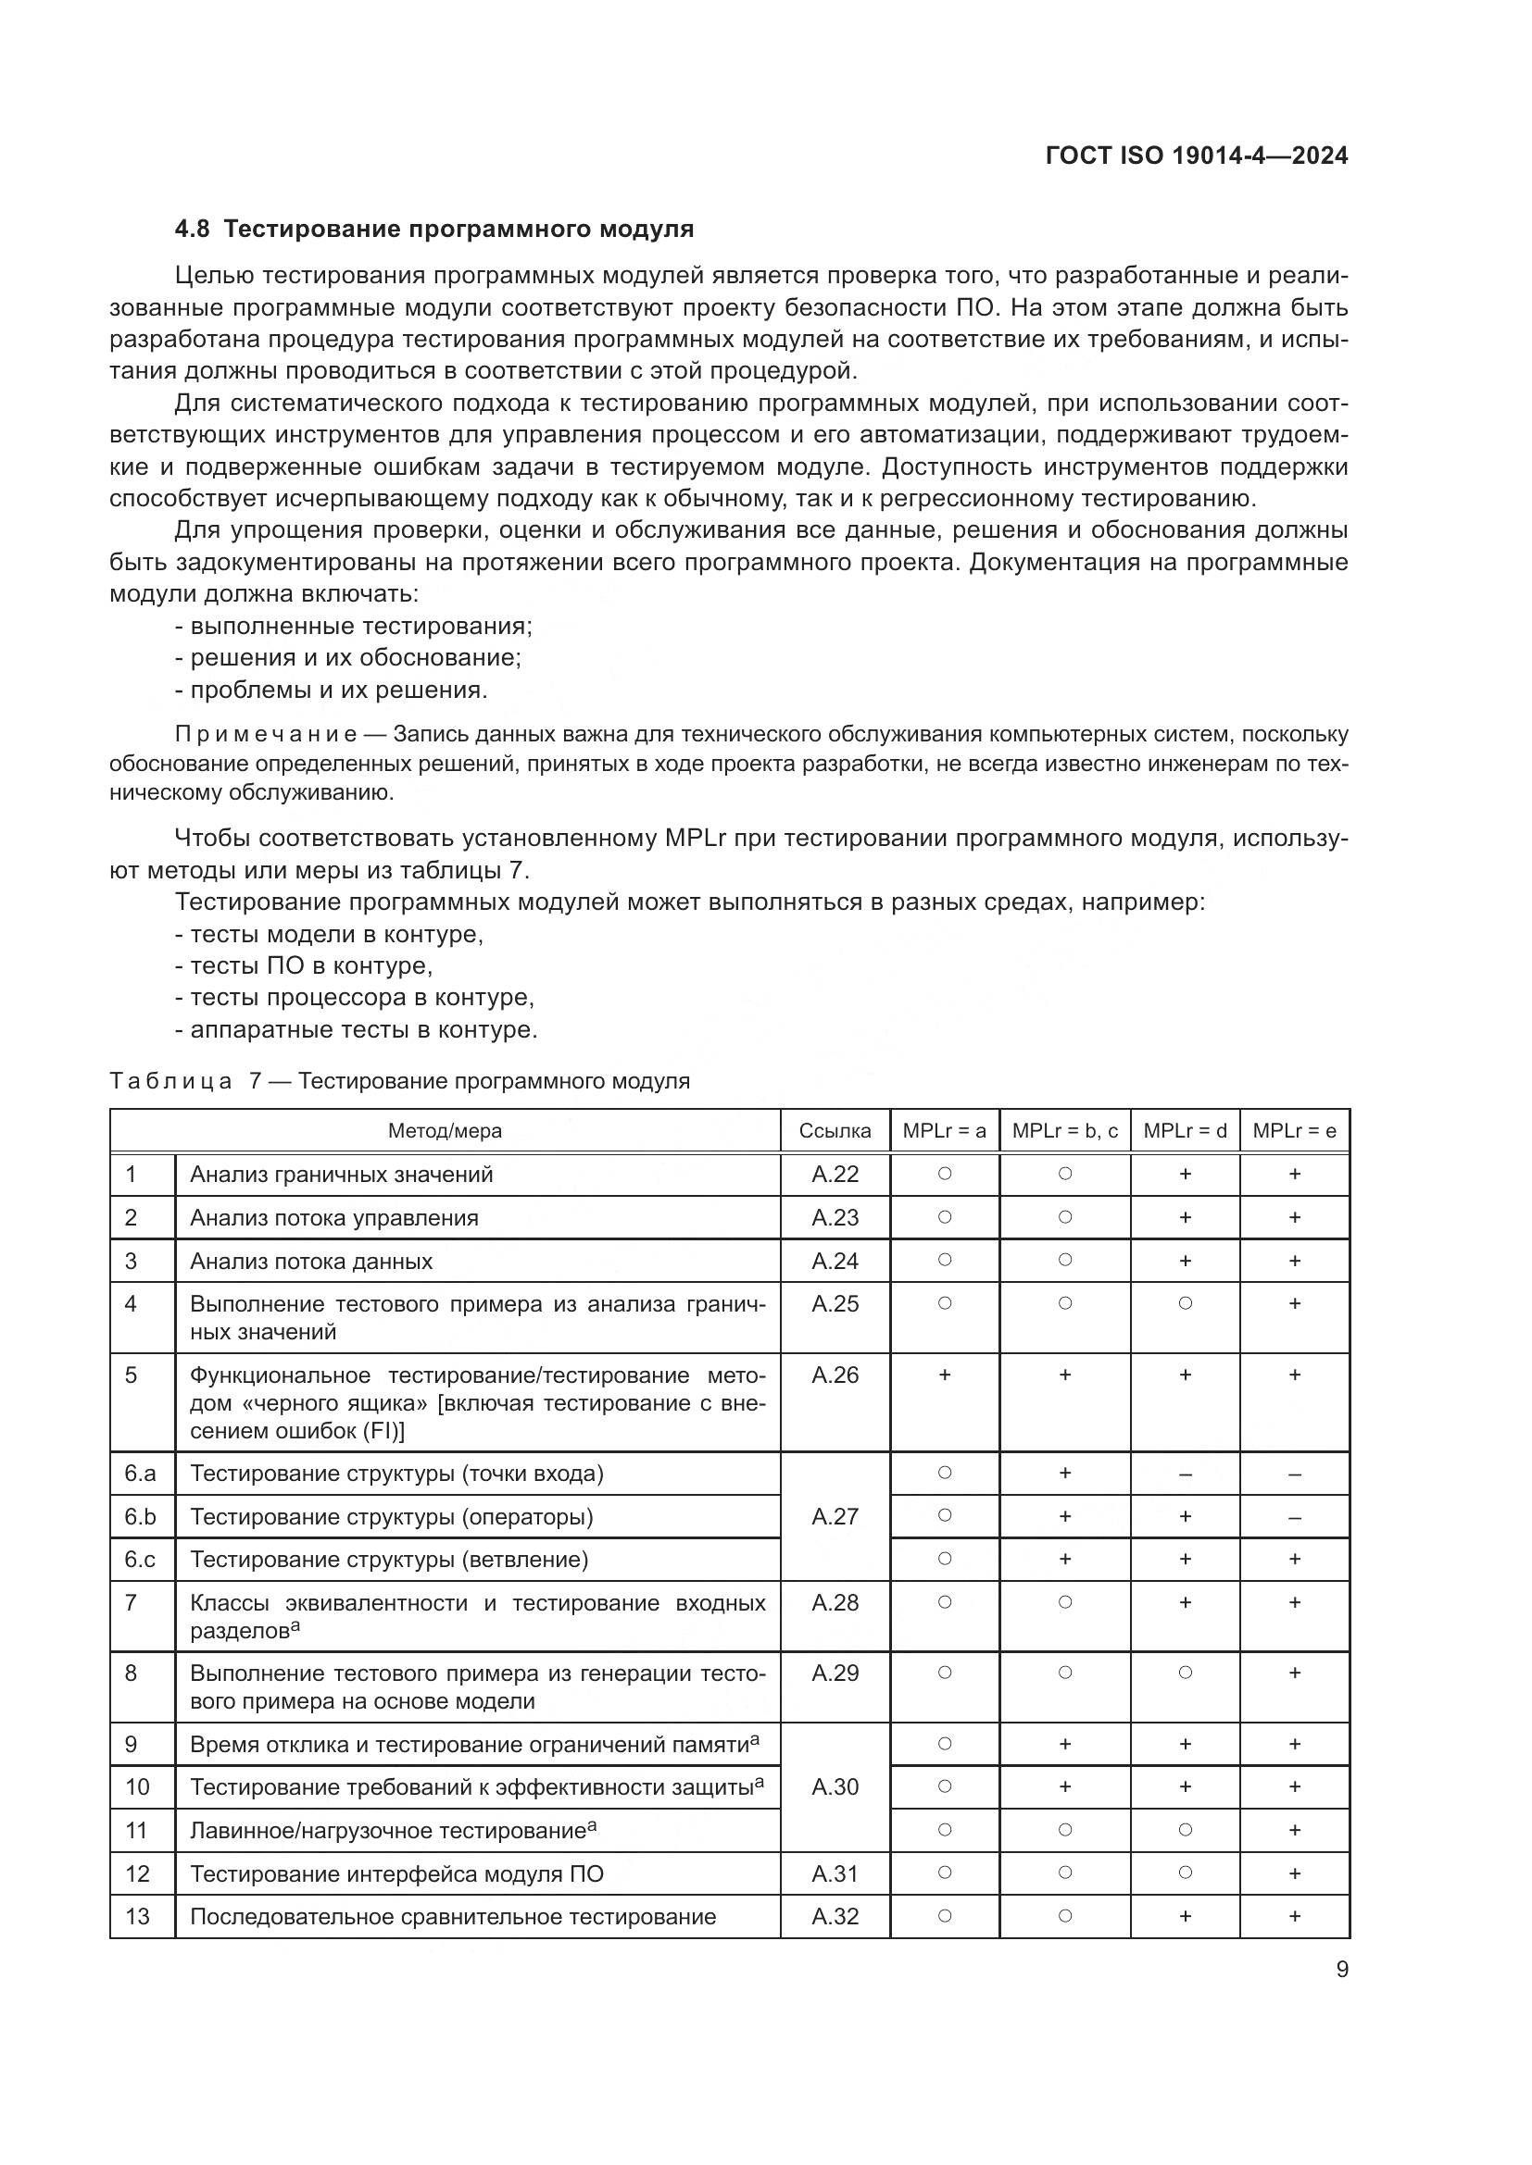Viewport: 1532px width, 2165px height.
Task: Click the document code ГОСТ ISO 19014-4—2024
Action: coord(1196,156)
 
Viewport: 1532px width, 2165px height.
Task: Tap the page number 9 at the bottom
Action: coord(1341,1970)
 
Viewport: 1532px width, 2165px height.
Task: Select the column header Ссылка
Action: coord(834,1130)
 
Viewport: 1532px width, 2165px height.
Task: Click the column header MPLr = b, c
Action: coord(1064,1130)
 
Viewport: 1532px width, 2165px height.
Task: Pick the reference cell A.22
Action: coord(834,1174)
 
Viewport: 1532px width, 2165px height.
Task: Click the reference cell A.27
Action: coord(834,1516)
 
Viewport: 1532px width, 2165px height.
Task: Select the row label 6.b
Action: coord(140,1516)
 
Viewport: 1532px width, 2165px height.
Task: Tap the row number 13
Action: coord(137,1916)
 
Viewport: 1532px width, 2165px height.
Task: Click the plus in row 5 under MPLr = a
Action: coord(944,1375)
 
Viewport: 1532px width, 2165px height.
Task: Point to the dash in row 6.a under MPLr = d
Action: coord(1185,1474)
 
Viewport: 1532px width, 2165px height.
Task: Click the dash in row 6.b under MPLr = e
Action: coord(1294,1517)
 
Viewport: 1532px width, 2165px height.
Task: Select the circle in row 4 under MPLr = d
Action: coord(1185,1303)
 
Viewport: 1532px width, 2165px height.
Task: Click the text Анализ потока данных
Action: coord(311,1261)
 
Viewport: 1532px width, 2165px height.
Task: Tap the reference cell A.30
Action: coord(834,1786)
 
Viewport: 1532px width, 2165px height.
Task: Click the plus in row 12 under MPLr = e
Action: coord(1294,1873)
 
